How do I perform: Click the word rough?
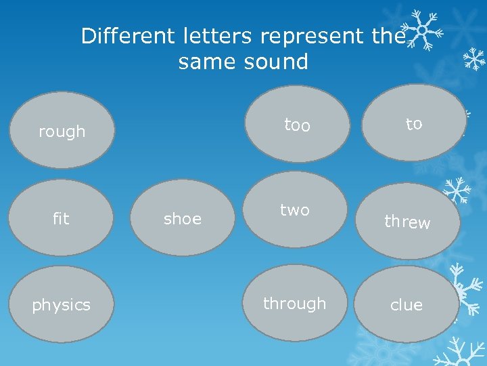point(62,131)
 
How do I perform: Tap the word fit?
point(61,218)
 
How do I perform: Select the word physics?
point(61,305)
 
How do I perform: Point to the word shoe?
point(183,218)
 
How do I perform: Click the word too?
point(297,125)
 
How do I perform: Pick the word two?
point(295,210)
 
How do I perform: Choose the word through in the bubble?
point(294,304)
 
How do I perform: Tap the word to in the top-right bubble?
point(414,123)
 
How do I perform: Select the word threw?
point(407,222)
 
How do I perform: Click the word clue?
point(407,305)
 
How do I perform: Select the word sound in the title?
point(277,62)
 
